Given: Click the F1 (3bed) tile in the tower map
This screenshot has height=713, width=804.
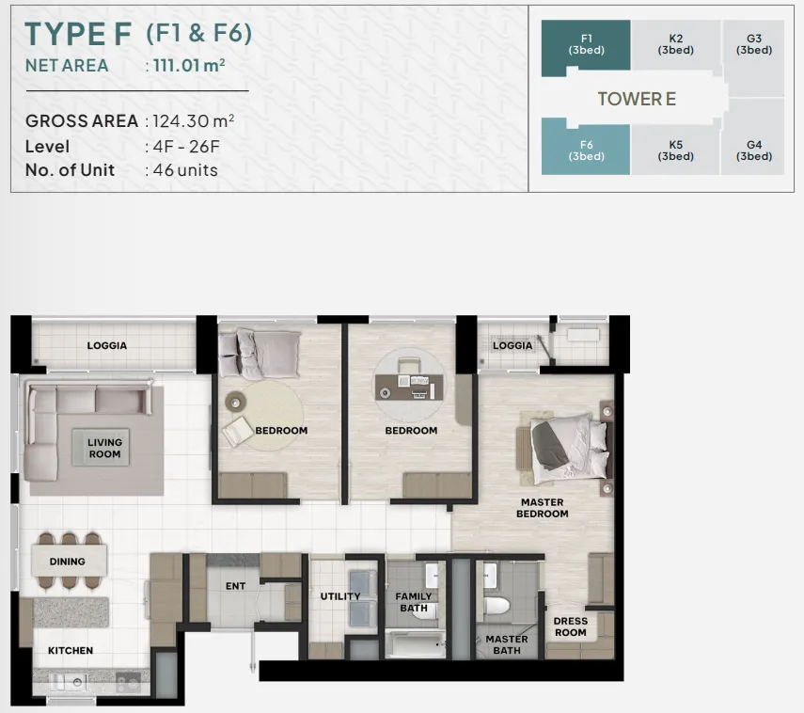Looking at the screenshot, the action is (x=586, y=45).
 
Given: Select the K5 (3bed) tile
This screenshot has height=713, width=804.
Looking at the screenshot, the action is (x=675, y=151).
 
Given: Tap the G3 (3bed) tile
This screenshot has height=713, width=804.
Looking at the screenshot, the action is (x=753, y=45).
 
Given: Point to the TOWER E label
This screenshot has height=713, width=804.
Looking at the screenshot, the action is (x=637, y=99).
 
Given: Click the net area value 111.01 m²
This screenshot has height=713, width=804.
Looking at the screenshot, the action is (x=189, y=66).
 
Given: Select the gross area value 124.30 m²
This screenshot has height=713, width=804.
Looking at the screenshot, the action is (x=194, y=121).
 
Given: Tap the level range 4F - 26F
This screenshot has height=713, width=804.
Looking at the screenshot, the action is (x=186, y=147).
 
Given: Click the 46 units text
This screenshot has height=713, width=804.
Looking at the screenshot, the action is (x=185, y=170).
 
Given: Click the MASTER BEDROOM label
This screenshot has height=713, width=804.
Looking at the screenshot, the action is (x=542, y=508).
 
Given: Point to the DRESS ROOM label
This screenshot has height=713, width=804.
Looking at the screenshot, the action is (x=570, y=626).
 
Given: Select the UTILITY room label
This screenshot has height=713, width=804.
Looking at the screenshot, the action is (x=340, y=596).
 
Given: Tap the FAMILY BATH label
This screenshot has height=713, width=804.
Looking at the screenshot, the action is (x=413, y=602).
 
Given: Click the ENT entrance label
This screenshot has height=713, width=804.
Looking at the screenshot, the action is (x=235, y=586).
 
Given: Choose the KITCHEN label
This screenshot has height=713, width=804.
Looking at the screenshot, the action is (x=71, y=650).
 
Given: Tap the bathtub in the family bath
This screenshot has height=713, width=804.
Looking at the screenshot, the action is (x=415, y=644).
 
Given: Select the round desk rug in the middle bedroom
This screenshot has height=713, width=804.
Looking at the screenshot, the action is (x=409, y=385).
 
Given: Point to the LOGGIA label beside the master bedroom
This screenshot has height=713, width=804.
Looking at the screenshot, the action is (x=512, y=346).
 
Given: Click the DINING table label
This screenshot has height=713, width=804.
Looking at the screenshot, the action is (x=67, y=562).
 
